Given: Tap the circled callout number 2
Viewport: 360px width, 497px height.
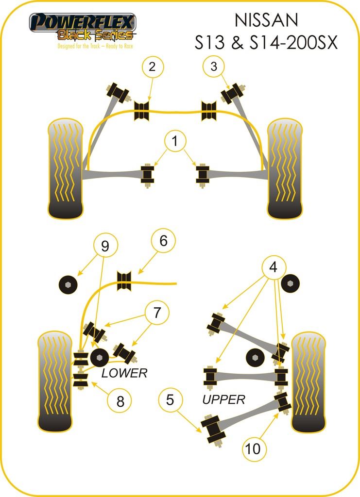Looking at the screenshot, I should click(152, 67).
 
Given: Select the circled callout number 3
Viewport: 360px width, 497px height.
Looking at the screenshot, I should click(214, 67).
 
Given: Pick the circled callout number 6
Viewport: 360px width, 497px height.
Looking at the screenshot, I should click(163, 241).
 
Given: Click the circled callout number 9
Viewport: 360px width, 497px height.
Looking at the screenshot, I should click(104, 247).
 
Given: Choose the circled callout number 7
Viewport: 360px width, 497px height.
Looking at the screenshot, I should click(156, 313).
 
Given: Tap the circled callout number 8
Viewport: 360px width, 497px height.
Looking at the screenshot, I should click(120, 401).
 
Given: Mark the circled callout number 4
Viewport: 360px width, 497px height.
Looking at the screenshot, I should click(274, 267).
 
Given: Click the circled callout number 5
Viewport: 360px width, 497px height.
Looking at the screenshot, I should click(170, 400).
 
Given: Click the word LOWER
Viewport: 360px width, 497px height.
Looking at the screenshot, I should click(124, 373).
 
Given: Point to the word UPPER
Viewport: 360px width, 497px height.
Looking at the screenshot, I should click(223, 399).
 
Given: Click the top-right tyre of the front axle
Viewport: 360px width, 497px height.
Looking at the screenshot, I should click(285, 168).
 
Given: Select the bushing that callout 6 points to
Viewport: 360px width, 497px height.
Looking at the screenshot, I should click(125, 281).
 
